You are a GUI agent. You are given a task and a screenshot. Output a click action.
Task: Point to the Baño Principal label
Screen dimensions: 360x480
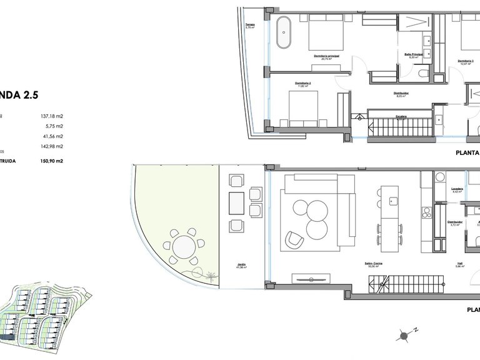click(414, 55)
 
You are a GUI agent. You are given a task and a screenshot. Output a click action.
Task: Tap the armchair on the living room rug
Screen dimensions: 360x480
click(292, 238)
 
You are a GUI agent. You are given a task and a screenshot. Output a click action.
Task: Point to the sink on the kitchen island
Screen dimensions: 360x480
click(394, 201)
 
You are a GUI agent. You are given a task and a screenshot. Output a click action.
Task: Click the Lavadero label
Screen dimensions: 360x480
click(457, 189)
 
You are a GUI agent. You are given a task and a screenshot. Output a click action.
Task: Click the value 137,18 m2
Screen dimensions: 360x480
click(52, 116)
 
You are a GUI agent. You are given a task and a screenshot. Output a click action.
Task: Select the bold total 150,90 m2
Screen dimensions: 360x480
click(52, 161)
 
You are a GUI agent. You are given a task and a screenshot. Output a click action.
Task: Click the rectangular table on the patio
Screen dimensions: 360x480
click(237, 202)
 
